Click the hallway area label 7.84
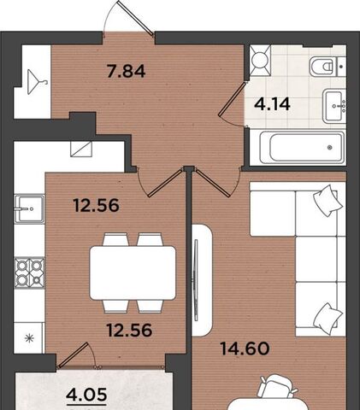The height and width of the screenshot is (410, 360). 126,71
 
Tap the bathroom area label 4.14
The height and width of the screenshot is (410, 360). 272,104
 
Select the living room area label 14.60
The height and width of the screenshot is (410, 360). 245,348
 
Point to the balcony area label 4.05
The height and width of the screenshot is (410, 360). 86,395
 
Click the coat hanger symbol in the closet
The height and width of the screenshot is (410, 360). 37,82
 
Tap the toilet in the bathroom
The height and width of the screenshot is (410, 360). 328,67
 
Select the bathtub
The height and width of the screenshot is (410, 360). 302,147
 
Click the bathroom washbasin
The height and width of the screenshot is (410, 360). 334,106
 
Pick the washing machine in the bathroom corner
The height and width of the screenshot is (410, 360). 260,60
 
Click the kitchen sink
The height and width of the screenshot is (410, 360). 29,208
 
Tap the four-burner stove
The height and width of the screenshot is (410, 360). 29,272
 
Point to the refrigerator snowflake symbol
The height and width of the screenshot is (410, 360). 29,338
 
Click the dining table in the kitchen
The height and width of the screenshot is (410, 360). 133,272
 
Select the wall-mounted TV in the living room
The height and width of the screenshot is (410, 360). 196,280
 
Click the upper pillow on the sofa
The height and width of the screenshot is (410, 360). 328,200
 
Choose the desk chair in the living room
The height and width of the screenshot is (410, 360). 277,386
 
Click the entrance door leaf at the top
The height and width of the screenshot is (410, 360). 135,18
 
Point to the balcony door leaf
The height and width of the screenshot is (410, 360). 73,354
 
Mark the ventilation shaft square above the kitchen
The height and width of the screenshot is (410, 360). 81,149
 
